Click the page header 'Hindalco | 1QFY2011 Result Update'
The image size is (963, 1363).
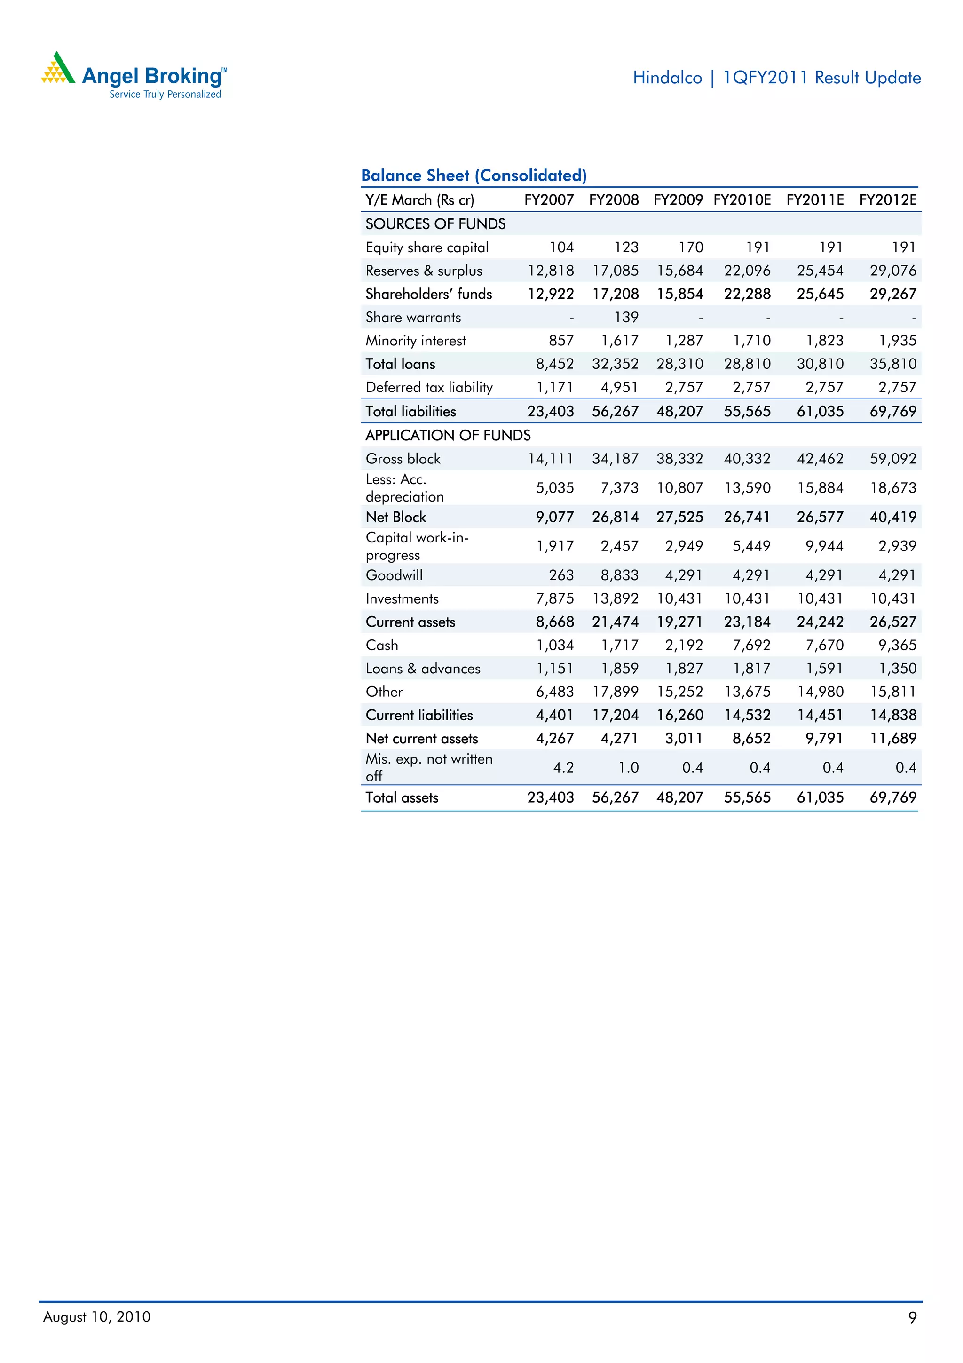(776, 78)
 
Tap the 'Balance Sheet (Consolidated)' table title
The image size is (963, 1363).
(474, 175)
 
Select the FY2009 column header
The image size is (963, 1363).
(678, 200)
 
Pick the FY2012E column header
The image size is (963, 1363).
(888, 200)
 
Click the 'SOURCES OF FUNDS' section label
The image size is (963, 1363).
(435, 224)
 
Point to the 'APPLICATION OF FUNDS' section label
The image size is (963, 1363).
(448, 435)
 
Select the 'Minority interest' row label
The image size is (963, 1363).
(415, 341)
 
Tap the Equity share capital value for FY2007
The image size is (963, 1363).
(561, 247)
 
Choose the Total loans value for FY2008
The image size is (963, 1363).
(616, 364)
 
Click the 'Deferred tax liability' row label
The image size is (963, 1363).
(429, 388)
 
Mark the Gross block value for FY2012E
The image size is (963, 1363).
(893, 459)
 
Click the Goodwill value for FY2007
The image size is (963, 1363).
(561, 575)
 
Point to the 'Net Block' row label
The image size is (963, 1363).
(396, 517)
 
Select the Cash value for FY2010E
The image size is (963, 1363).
(751, 646)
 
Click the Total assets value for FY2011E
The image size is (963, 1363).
(820, 797)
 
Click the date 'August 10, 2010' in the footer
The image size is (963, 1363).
(97, 1317)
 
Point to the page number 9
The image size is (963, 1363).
(912, 1317)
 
